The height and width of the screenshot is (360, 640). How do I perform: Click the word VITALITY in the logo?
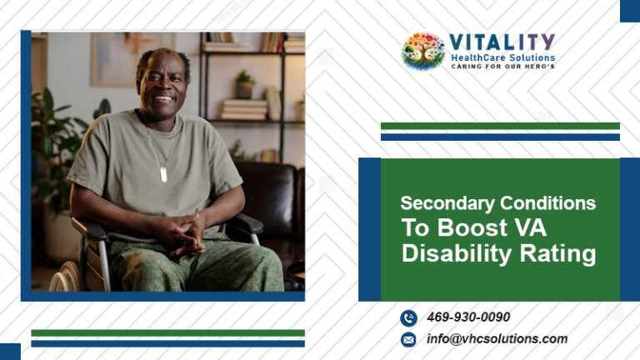502,42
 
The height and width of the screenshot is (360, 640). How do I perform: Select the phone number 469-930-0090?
468,317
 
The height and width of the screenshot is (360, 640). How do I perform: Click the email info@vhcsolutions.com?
497,338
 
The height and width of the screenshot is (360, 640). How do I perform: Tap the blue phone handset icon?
408,317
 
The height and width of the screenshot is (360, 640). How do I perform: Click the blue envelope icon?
408,339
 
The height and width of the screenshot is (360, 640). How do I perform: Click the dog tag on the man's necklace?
163,174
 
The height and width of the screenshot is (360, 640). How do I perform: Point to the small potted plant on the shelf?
244,84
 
